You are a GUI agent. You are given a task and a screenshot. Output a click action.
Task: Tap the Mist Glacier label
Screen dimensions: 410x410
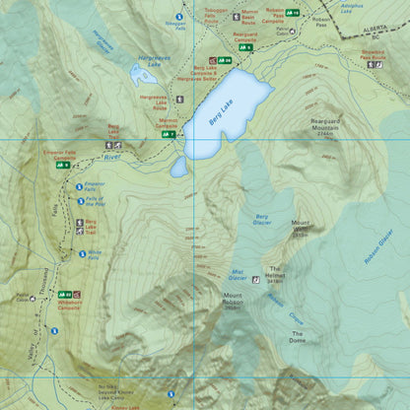pos(239,274)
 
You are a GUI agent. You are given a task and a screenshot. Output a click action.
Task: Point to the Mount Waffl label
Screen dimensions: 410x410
pos(301,226)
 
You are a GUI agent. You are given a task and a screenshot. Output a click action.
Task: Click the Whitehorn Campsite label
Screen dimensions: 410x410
pos(68,305)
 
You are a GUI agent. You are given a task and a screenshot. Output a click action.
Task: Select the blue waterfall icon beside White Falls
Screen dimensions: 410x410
pos(83,253)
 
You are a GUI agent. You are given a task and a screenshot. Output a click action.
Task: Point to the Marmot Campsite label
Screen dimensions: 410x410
pos(167,123)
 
